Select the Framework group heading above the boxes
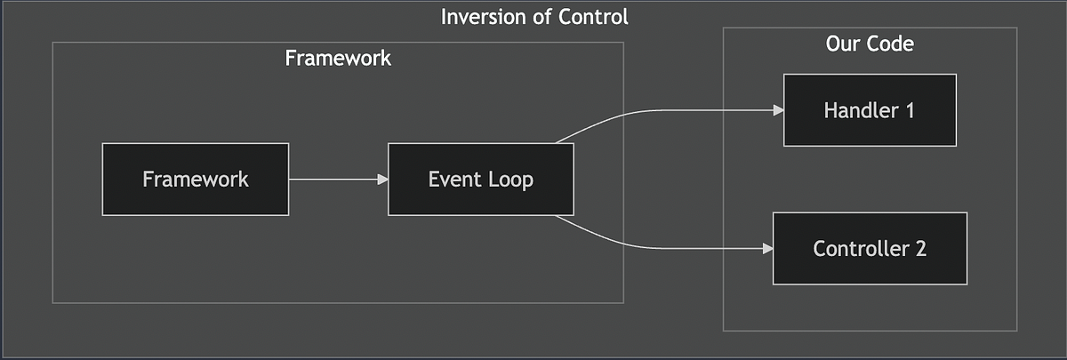coord(338,59)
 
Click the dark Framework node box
coord(196,179)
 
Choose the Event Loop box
coord(480,179)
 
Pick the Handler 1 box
coord(869,110)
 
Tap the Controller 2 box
coord(869,248)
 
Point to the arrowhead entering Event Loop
coord(383,179)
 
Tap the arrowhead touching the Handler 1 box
coord(778,110)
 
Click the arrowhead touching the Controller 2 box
coord(767,248)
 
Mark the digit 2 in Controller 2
coord(920,248)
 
